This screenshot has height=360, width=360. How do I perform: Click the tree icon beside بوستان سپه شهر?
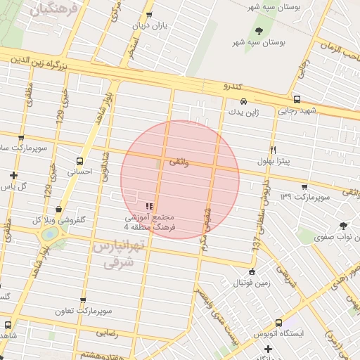259,31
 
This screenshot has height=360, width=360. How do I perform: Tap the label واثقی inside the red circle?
179,162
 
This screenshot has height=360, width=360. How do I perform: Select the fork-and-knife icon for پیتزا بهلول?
274,150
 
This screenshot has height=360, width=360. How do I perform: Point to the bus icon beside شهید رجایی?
297,100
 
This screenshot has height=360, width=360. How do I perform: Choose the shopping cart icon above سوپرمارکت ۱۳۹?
304,187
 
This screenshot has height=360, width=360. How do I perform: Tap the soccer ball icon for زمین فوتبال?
252,272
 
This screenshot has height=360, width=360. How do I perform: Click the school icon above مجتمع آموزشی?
148,206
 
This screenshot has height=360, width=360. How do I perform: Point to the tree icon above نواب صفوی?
343,226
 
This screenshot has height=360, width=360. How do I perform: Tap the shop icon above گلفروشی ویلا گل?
58,209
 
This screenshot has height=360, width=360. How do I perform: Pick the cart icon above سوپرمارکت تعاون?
83,300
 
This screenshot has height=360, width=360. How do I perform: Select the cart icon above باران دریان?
148,15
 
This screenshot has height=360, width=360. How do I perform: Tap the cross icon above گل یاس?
13,175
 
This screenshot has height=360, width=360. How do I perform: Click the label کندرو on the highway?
231,86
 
